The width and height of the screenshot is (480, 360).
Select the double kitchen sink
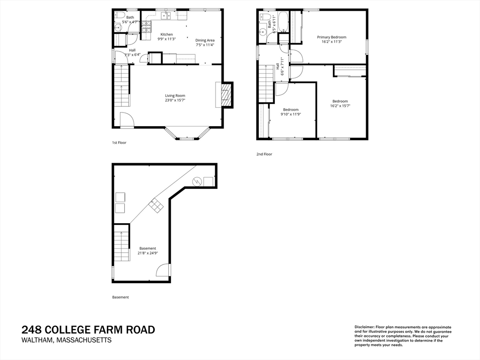165,16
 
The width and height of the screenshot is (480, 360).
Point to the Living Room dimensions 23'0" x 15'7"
175,100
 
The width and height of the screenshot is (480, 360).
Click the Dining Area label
205,40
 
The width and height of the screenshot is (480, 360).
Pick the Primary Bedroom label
331,37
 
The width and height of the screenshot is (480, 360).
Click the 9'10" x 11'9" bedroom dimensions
291,114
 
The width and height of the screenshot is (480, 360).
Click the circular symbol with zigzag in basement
197,181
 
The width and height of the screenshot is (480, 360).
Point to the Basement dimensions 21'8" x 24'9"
148,253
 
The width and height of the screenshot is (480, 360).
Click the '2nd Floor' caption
264,154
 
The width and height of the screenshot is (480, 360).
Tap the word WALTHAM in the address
37,340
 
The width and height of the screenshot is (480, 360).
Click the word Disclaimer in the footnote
364,327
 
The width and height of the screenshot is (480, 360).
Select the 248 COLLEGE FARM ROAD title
88,330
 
